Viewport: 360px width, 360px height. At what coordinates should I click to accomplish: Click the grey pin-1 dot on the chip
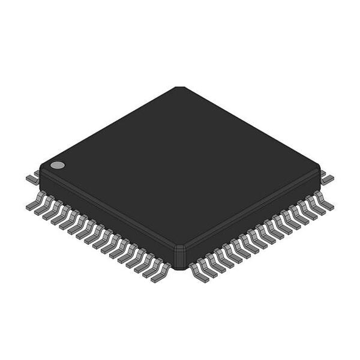(57, 164)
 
